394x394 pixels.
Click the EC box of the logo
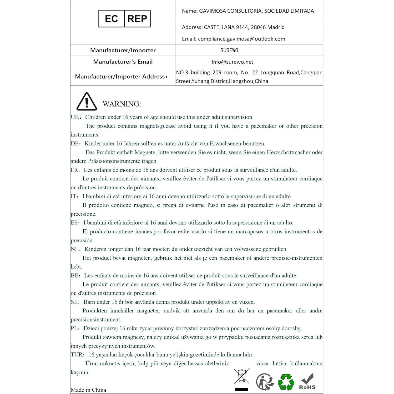point(111,19)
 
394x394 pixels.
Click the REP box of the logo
point(137,19)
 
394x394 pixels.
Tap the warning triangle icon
point(87,102)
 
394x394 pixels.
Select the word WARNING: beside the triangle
point(122,104)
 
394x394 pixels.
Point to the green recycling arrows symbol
point(286,382)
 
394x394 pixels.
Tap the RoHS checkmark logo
point(307,381)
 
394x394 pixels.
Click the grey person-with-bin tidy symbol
point(265,382)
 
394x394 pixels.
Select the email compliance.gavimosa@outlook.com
point(241,39)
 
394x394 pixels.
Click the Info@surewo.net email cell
point(232,62)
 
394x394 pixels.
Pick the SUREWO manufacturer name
point(229,50)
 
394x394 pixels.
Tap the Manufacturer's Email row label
point(123,62)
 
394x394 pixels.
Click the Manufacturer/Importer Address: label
point(121,77)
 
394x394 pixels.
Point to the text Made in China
point(88,390)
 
